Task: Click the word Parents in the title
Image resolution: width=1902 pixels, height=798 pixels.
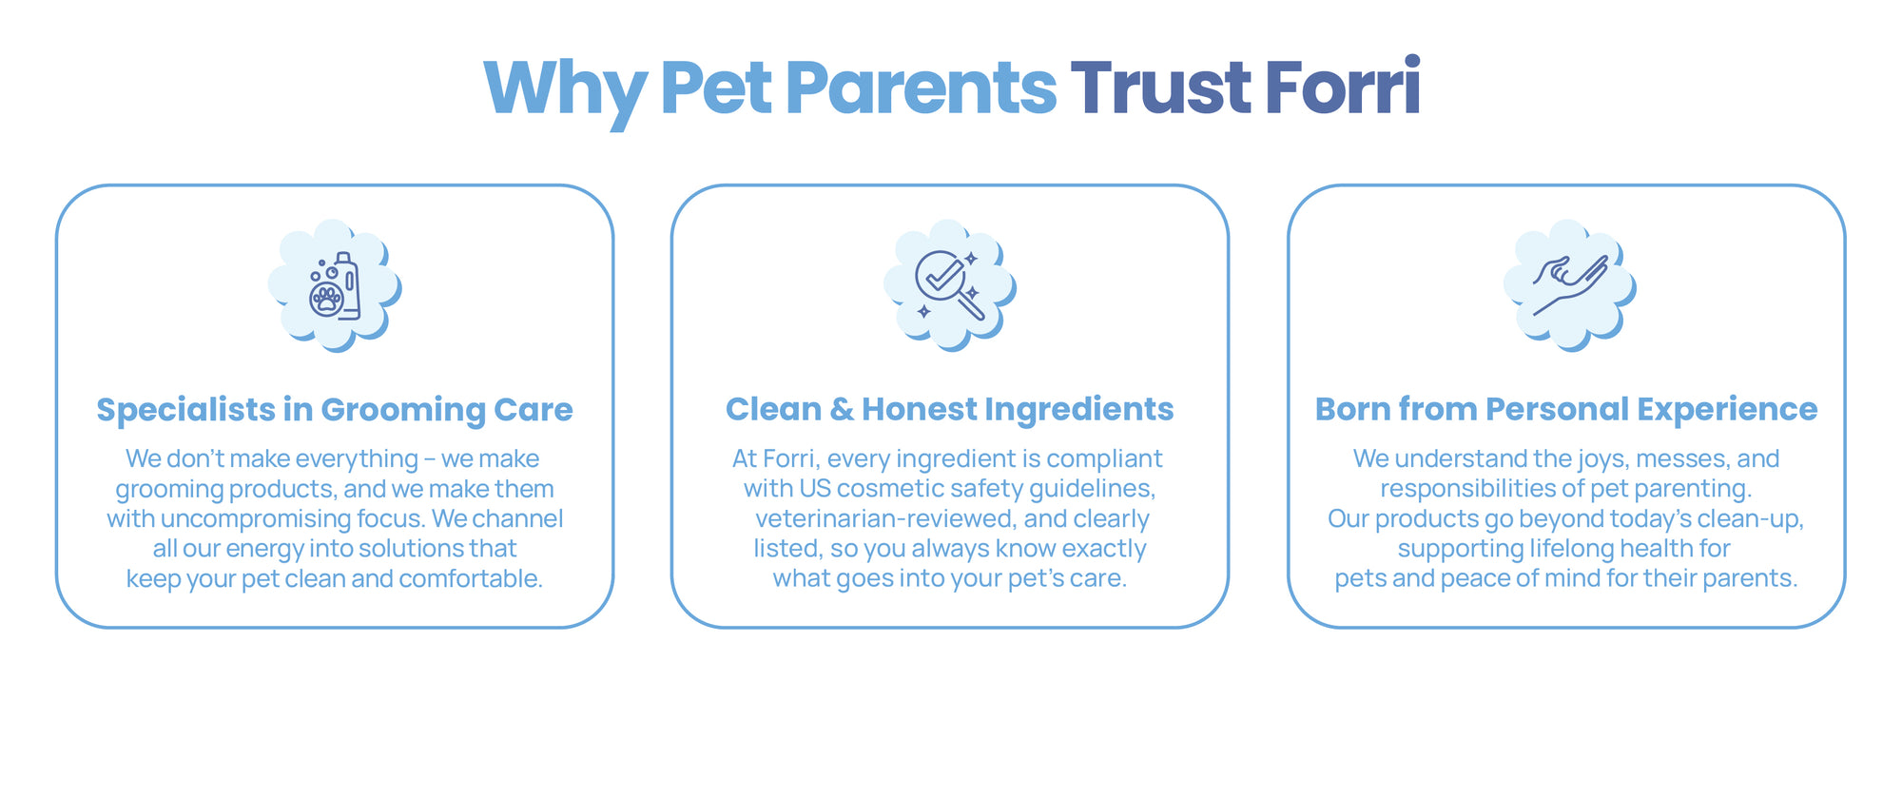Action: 921,87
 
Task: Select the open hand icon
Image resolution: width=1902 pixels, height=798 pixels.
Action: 1570,283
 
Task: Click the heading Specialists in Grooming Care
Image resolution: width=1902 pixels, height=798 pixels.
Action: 335,410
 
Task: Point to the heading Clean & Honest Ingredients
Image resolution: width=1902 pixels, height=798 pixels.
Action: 949,409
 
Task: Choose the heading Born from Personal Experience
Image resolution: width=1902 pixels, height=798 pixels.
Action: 1566,409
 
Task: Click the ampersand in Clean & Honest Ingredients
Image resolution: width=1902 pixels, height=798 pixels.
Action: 842,409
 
